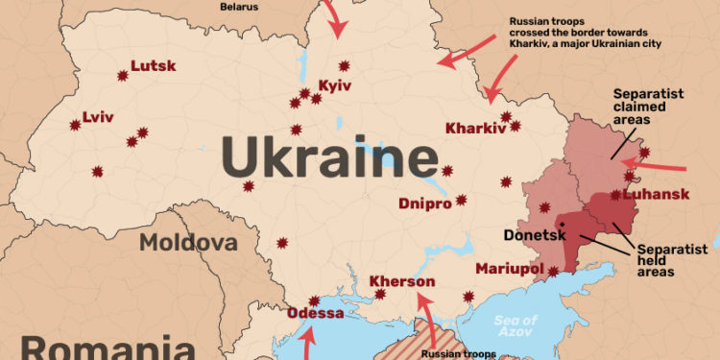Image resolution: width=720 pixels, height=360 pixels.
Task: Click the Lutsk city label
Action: pyautogui.click(x=153, y=66)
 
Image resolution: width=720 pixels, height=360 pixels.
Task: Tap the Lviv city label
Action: pyautogui.click(x=98, y=118)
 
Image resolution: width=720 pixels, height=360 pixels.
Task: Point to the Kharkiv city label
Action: pyautogui.click(x=475, y=129)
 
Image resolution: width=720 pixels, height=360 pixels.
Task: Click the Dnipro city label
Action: pyautogui.click(x=424, y=204)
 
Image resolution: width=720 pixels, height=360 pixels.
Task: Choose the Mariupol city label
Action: pyautogui.click(x=510, y=268)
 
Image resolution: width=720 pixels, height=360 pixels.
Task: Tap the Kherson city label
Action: pyautogui.click(x=402, y=282)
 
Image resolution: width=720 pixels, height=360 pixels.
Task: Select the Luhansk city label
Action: pyautogui.click(x=656, y=195)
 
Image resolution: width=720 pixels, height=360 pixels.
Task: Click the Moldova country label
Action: pyautogui.click(x=188, y=242)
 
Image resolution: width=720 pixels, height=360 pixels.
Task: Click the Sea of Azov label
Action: pyautogui.click(x=517, y=324)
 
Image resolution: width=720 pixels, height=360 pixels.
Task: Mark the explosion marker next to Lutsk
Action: pyautogui.click(x=122, y=75)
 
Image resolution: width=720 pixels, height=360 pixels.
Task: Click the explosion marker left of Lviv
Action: pyautogui.click(x=74, y=124)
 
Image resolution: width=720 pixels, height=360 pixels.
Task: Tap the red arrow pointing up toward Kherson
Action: pyautogui.click(x=424, y=317)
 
